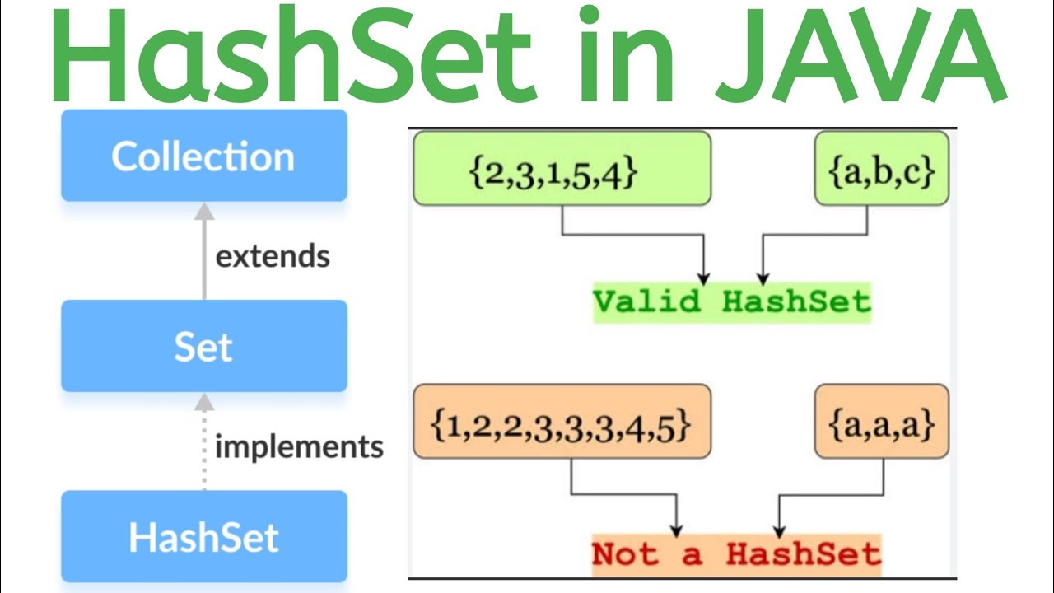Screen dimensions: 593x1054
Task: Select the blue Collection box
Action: pyautogui.click(x=203, y=156)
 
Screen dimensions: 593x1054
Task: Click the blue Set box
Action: pyautogui.click(x=203, y=346)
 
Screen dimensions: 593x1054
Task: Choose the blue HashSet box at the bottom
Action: pyautogui.click(x=203, y=536)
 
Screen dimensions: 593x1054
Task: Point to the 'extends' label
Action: pyautogui.click(x=273, y=256)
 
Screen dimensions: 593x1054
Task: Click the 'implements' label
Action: pyautogui.click(x=299, y=446)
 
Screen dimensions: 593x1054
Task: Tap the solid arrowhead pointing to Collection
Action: pyautogui.click(x=204, y=212)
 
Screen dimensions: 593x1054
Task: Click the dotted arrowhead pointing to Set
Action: pyautogui.click(x=204, y=402)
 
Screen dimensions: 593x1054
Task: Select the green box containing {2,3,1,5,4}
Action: pyautogui.click(x=562, y=169)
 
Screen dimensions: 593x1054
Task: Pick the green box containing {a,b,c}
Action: pyautogui.click(x=882, y=169)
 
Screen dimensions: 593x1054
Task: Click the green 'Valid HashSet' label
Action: pyautogui.click(x=731, y=302)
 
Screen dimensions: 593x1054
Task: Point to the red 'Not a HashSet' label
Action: pyautogui.click(x=736, y=553)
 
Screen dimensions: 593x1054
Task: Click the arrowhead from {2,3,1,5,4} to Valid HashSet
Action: pyautogui.click(x=703, y=278)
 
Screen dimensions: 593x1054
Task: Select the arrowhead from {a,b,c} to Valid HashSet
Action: pyautogui.click(x=763, y=278)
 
